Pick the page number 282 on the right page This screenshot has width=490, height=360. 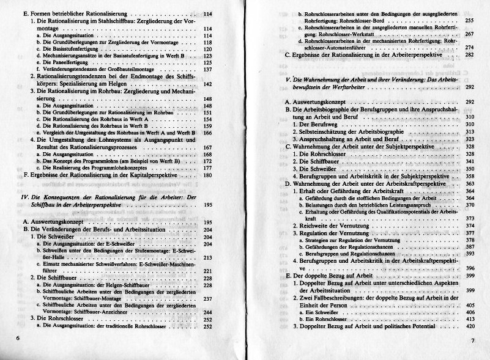pos(470,55)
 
